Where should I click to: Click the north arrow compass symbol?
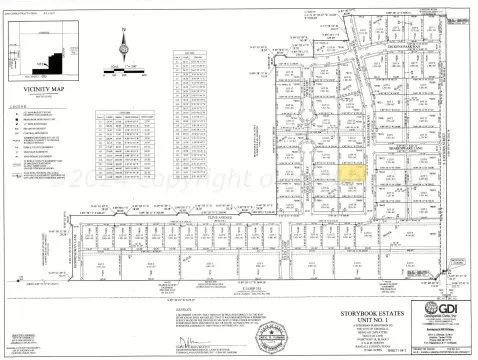[123, 46]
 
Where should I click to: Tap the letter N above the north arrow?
[123, 30]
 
